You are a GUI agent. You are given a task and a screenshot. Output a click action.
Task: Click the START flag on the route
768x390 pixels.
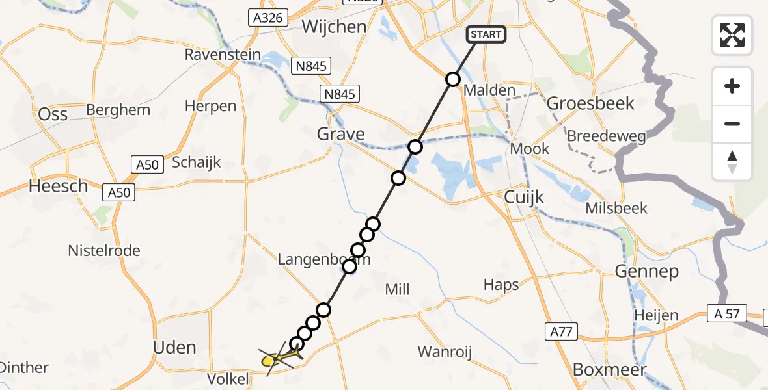pyautogui.click(x=486, y=34)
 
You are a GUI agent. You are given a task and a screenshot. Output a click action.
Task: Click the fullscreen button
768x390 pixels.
pyautogui.click(x=732, y=35)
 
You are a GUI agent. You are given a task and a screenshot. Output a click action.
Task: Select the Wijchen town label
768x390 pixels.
pyautogui.click(x=334, y=27)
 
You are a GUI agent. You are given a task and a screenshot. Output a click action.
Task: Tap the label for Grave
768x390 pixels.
pyautogui.click(x=340, y=135)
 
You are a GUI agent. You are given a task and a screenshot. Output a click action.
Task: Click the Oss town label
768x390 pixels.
pyautogui.click(x=53, y=114)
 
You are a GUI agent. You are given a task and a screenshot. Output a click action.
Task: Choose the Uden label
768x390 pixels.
pyautogui.click(x=174, y=347)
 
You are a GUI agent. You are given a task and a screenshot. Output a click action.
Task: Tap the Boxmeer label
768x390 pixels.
pyautogui.click(x=609, y=370)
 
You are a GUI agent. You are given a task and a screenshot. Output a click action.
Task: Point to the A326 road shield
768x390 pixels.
pyautogui.click(x=267, y=18)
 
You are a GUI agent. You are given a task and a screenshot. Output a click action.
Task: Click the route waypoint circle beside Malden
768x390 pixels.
pyautogui.click(x=452, y=80)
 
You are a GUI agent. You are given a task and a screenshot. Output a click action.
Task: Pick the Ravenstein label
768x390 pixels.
pyautogui.click(x=223, y=55)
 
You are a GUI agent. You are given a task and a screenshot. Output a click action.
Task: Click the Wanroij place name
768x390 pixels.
pyautogui.click(x=444, y=352)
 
